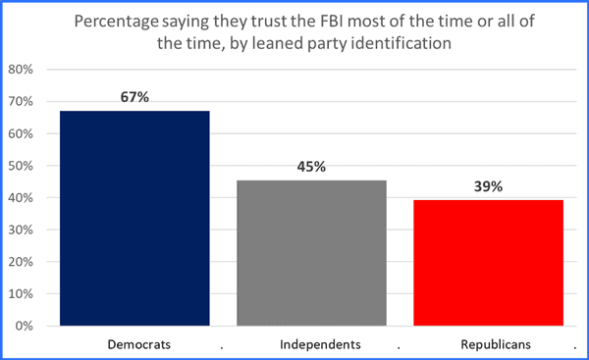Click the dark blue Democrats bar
point(134,218)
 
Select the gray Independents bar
point(311,252)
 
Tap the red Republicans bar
point(488,262)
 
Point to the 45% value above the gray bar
point(311,166)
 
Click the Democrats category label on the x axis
point(135,345)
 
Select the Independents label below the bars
point(312,345)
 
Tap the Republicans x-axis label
point(489,345)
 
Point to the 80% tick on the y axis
point(21,70)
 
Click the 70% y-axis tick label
point(21,102)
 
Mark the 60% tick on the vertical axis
point(21,133)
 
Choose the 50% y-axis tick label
point(21,166)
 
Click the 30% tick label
point(21,230)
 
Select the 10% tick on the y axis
point(21,293)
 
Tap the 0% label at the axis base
point(25,326)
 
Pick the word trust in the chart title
point(280,21)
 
